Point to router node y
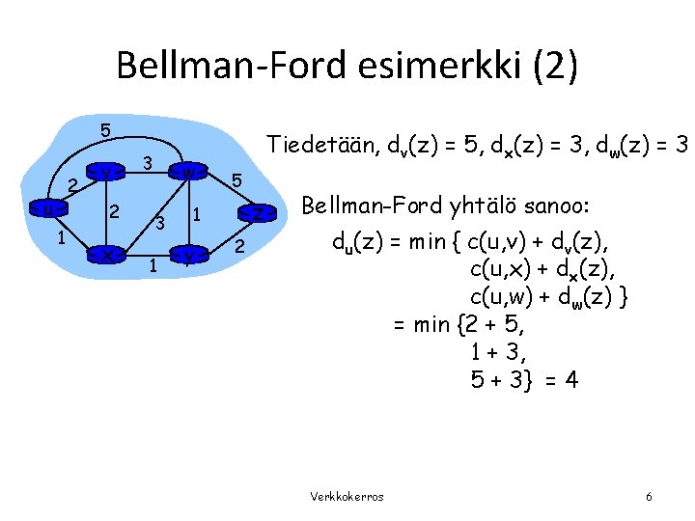[x=188, y=254]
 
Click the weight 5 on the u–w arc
[x=106, y=129]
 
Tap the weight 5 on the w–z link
[x=237, y=179]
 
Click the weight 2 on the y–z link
[x=239, y=249]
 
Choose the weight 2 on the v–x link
[x=115, y=211]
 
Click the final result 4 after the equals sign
[x=572, y=379]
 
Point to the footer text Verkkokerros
[x=347, y=496]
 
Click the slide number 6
[x=649, y=496]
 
